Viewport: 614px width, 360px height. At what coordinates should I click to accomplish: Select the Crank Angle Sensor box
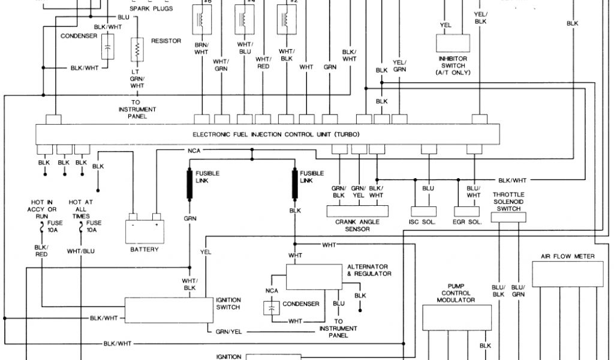click(x=357, y=211)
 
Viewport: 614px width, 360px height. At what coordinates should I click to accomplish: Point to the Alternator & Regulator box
click(x=312, y=277)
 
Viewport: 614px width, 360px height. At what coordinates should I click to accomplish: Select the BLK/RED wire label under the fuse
click(x=41, y=251)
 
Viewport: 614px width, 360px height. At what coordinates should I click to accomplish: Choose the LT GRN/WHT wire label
click(x=138, y=79)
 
